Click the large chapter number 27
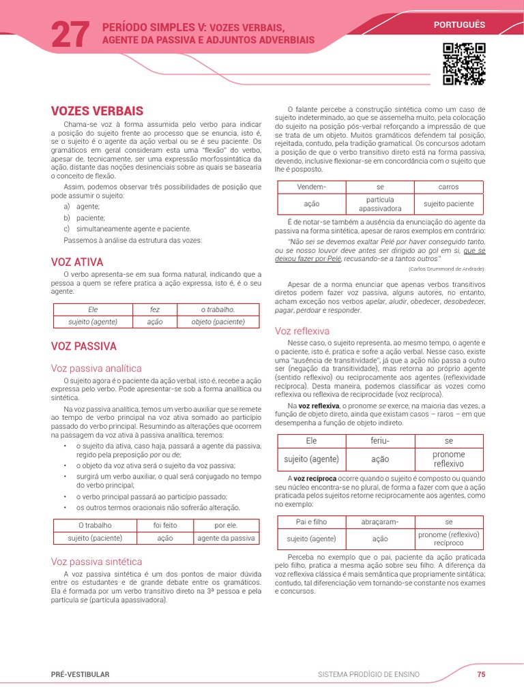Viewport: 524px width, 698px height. [70, 34]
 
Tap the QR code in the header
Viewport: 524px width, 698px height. [464, 63]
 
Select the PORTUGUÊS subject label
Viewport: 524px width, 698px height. [458, 25]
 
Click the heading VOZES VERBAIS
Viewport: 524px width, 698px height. [97, 110]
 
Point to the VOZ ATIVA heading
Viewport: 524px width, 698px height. [77, 262]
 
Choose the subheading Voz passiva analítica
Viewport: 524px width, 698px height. [96, 368]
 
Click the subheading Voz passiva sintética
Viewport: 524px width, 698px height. [96, 562]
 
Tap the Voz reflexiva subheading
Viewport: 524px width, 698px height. [302, 331]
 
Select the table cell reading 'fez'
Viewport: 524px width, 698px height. [155, 309]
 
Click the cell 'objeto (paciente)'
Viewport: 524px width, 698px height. [218, 322]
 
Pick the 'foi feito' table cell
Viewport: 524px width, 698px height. [165, 526]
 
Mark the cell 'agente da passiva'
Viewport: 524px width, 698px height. [226, 538]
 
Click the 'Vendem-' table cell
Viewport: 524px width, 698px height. [312, 187]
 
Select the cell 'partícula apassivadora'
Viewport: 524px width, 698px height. [380, 204]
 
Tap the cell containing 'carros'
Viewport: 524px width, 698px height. [448, 187]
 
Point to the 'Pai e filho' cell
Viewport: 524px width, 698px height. [311, 521]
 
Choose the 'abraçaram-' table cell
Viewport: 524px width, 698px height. [380, 521]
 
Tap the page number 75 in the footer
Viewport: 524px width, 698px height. [481, 674]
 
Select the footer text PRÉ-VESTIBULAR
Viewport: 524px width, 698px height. [80, 674]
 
